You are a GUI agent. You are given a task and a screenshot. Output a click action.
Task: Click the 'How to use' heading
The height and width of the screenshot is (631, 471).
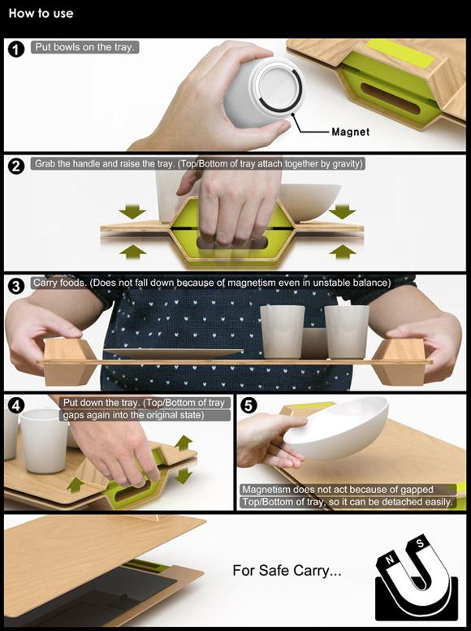coord(41,13)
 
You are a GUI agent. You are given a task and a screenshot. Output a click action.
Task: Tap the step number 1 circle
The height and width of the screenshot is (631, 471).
coord(16,50)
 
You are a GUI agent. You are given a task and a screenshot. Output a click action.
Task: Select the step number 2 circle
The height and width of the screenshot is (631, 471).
coord(16,166)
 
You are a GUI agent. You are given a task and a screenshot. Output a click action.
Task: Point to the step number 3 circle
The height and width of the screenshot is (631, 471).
coord(16,286)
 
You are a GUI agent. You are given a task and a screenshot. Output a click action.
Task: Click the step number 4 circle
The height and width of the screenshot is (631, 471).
coord(16,405)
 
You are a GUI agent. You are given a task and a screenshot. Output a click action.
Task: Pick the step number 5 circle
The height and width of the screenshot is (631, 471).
coord(248,405)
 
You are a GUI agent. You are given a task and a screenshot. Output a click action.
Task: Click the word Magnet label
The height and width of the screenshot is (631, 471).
coord(350,132)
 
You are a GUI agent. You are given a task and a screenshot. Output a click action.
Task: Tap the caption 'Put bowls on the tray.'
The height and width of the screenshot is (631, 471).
coord(84,47)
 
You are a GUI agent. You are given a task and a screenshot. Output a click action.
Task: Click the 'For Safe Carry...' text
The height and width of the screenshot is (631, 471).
coord(287,570)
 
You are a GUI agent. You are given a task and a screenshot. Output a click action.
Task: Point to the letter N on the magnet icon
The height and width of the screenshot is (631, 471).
coord(389,559)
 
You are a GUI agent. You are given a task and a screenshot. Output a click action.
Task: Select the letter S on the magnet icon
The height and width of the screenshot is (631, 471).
coord(421,543)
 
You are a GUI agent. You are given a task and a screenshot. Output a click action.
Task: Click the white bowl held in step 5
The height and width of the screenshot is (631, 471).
coord(336,428)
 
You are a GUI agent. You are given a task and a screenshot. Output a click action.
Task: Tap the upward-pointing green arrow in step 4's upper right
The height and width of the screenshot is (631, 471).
coord(184,443)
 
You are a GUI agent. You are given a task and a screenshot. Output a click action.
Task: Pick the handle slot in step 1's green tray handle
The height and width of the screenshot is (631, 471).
coord(391,98)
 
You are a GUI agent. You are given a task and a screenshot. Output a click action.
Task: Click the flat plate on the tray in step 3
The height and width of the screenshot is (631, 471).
coord(173,353)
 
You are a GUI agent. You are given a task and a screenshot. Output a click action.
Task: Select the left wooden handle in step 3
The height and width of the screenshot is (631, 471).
coord(69,361)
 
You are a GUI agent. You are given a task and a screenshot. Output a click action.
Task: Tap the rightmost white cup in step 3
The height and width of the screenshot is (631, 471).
coord(347,332)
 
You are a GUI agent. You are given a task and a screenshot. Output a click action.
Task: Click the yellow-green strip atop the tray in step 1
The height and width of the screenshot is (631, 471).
coord(400,53)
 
